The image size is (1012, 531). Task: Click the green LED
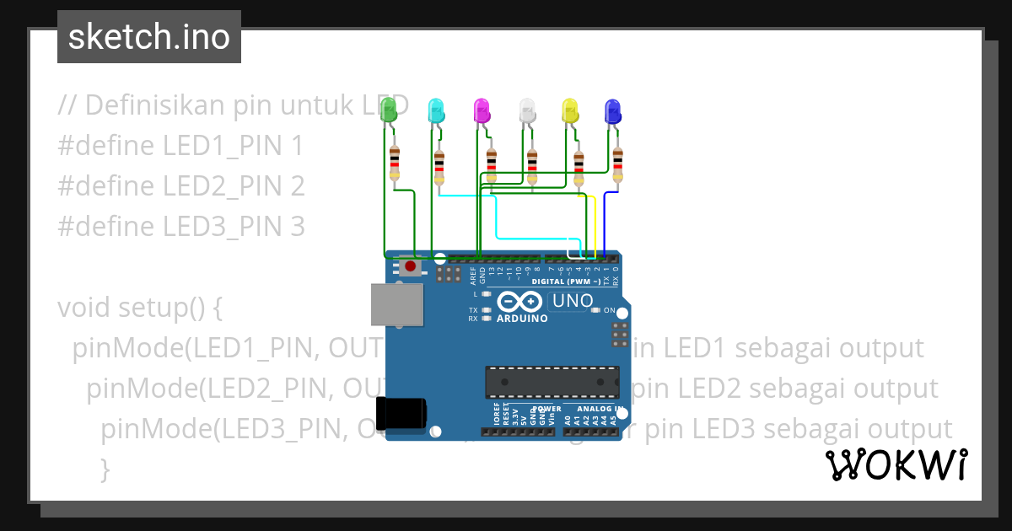click(x=389, y=109)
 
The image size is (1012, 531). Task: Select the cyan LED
click(x=436, y=110)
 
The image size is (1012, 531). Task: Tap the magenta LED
click(x=482, y=110)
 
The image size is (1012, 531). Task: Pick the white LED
click(x=527, y=110)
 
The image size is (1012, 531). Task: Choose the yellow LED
click(x=570, y=110)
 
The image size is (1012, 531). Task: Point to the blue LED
click(x=613, y=110)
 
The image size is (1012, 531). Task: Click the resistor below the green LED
click(x=394, y=163)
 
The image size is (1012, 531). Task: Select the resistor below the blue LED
click(x=618, y=164)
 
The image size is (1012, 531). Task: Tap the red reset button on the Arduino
click(x=411, y=267)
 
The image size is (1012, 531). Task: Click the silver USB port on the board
click(x=397, y=304)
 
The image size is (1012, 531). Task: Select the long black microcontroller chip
click(x=552, y=381)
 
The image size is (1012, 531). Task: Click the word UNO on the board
click(x=573, y=300)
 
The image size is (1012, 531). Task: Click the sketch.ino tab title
click(x=149, y=37)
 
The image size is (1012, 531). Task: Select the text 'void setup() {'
click(x=140, y=308)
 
